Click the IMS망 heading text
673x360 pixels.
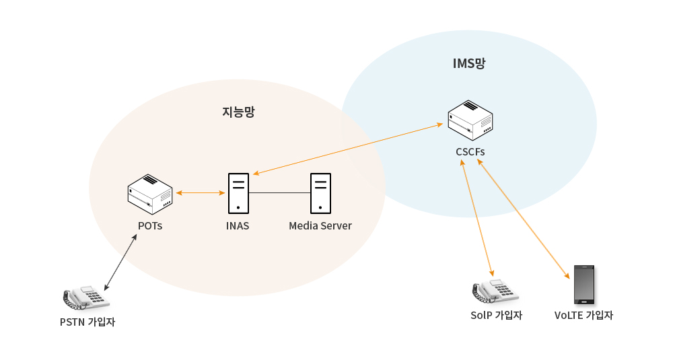(x=469, y=64)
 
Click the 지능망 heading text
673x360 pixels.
(x=238, y=112)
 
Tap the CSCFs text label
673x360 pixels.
(x=470, y=152)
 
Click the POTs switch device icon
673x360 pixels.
(x=150, y=193)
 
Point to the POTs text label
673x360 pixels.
(x=150, y=226)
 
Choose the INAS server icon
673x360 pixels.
(x=238, y=193)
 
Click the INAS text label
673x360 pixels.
(x=238, y=226)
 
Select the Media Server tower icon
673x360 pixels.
(x=320, y=193)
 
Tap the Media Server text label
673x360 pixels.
(x=320, y=226)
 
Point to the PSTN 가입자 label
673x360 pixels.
(x=87, y=322)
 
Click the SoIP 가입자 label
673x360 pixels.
(x=496, y=316)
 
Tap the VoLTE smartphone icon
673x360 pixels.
(x=583, y=285)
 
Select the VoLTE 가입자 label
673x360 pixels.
(x=583, y=316)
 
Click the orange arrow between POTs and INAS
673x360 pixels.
(x=200, y=193)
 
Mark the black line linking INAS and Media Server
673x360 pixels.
(x=279, y=193)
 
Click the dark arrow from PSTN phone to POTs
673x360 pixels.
(x=121, y=262)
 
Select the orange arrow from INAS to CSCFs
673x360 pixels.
(x=348, y=149)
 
